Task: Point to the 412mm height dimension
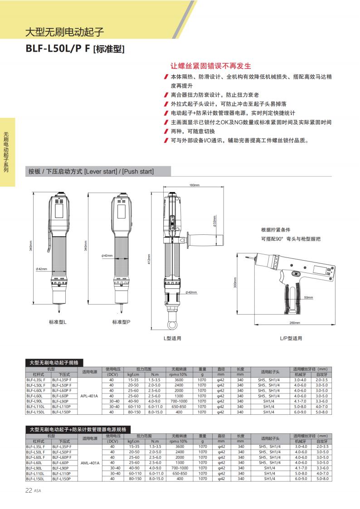[148, 260]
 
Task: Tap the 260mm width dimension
[295, 323]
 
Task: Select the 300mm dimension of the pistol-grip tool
[235, 282]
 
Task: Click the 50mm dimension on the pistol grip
[308, 297]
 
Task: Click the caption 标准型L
[58, 321]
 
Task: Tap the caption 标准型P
[121, 321]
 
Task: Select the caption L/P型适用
[291, 338]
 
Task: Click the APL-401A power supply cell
[89, 396]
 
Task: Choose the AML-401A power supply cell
[89, 463]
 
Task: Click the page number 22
[28, 490]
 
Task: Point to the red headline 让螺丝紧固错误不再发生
[210, 66]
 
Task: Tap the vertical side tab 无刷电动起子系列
[6, 152]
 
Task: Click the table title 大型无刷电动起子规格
[54, 363]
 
